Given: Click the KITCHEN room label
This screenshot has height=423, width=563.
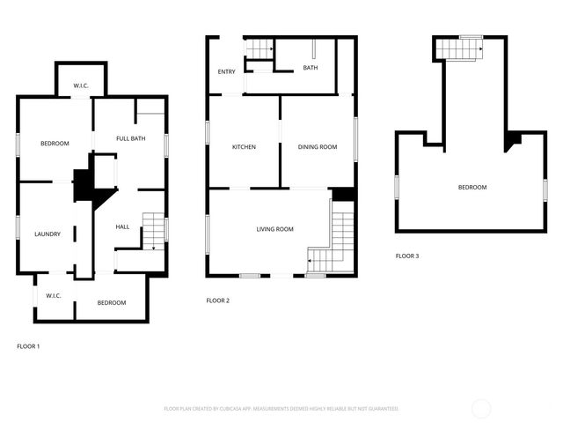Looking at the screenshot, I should click(244, 147).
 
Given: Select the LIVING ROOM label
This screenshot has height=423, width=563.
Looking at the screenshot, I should click(274, 230).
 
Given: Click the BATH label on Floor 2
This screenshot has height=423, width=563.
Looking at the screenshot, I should click(311, 68).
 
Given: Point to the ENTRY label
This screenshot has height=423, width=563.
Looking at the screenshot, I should click(226, 72).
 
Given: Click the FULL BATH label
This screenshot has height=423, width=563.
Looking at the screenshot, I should click(131, 139).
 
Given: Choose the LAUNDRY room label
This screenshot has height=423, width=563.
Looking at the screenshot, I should click(48, 234).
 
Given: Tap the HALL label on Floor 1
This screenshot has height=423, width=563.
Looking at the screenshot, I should click(122, 227).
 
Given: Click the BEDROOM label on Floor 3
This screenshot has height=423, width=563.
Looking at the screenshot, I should click(472, 187).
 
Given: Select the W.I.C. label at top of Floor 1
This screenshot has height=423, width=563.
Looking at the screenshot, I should click(81, 86).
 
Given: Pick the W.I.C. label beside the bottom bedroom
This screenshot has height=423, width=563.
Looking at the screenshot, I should click(53, 295).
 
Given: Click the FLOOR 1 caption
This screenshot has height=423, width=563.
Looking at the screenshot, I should click(28, 346).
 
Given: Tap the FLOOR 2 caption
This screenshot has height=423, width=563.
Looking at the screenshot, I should click(217, 301).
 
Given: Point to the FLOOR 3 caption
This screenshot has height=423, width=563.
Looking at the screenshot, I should click(407, 256).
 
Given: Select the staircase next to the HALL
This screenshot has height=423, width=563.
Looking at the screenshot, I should click(153, 230).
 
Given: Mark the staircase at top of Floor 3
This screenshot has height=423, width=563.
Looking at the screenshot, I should click(461, 48).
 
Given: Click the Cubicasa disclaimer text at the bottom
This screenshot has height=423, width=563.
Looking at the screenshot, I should click(281, 409).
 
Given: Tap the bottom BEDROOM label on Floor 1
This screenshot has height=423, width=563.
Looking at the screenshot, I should click(112, 303).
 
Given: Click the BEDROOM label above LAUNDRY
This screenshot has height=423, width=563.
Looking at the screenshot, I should click(54, 144).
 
